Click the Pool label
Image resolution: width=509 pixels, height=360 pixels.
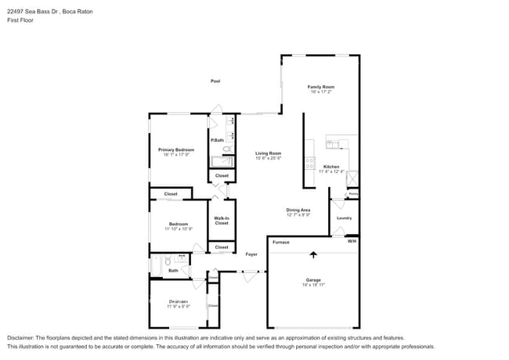[215, 81]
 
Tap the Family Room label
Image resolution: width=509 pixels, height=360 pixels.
[320, 87]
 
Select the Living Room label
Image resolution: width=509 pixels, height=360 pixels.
[268, 153]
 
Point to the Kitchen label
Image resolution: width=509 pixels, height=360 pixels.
[331, 167]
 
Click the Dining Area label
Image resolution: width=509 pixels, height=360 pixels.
[298, 210]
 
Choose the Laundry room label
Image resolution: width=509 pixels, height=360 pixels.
[344, 218]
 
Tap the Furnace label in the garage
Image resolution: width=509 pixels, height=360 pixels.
[281, 242]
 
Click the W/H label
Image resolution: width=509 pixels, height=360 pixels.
[352, 241]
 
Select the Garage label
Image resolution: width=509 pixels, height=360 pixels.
[314, 279]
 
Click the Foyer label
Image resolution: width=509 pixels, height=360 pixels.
[251, 254]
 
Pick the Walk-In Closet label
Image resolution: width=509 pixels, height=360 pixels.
[222, 221]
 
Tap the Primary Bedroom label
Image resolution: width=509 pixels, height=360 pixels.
[176, 149]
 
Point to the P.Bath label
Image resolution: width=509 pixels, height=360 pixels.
[217, 140]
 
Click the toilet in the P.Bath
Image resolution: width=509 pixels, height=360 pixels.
[226, 149]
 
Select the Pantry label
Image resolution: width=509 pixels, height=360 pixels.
[353, 193]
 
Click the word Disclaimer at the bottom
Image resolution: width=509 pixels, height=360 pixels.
[24, 337]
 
